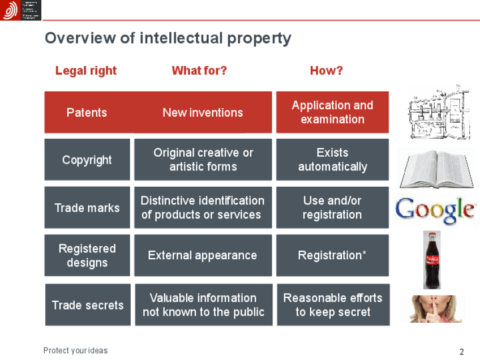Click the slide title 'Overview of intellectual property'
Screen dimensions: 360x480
[x=168, y=38]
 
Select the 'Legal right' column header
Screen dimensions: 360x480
[x=86, y=71]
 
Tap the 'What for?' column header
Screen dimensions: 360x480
[x=199, y=71]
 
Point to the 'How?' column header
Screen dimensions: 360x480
[x=326, y=71]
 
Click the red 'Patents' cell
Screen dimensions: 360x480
[x=87, y=113]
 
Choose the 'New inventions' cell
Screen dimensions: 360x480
[x=203, y=113]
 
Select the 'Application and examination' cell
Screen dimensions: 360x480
[x=332, y=112]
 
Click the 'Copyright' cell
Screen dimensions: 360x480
[x=87, y=160]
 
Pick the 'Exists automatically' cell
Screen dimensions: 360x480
[x=332, y=160]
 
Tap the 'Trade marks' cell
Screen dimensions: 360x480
[x=87, y=208]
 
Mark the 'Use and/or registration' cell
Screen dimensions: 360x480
[x=332, y=208]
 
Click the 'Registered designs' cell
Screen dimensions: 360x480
[x=87, y=255]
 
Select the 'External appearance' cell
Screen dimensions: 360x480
[x=203, y=255]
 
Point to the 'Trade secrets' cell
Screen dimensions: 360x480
[x=87, y=305]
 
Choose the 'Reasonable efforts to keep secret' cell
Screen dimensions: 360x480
[x=333, y=305]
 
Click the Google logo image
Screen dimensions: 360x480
[x=435, y=209]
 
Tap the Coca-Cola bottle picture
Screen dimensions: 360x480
[x=432, y=259]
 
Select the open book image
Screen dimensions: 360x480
[x=435, y=169]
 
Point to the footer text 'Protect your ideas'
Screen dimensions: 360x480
[x=75, y=350]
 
